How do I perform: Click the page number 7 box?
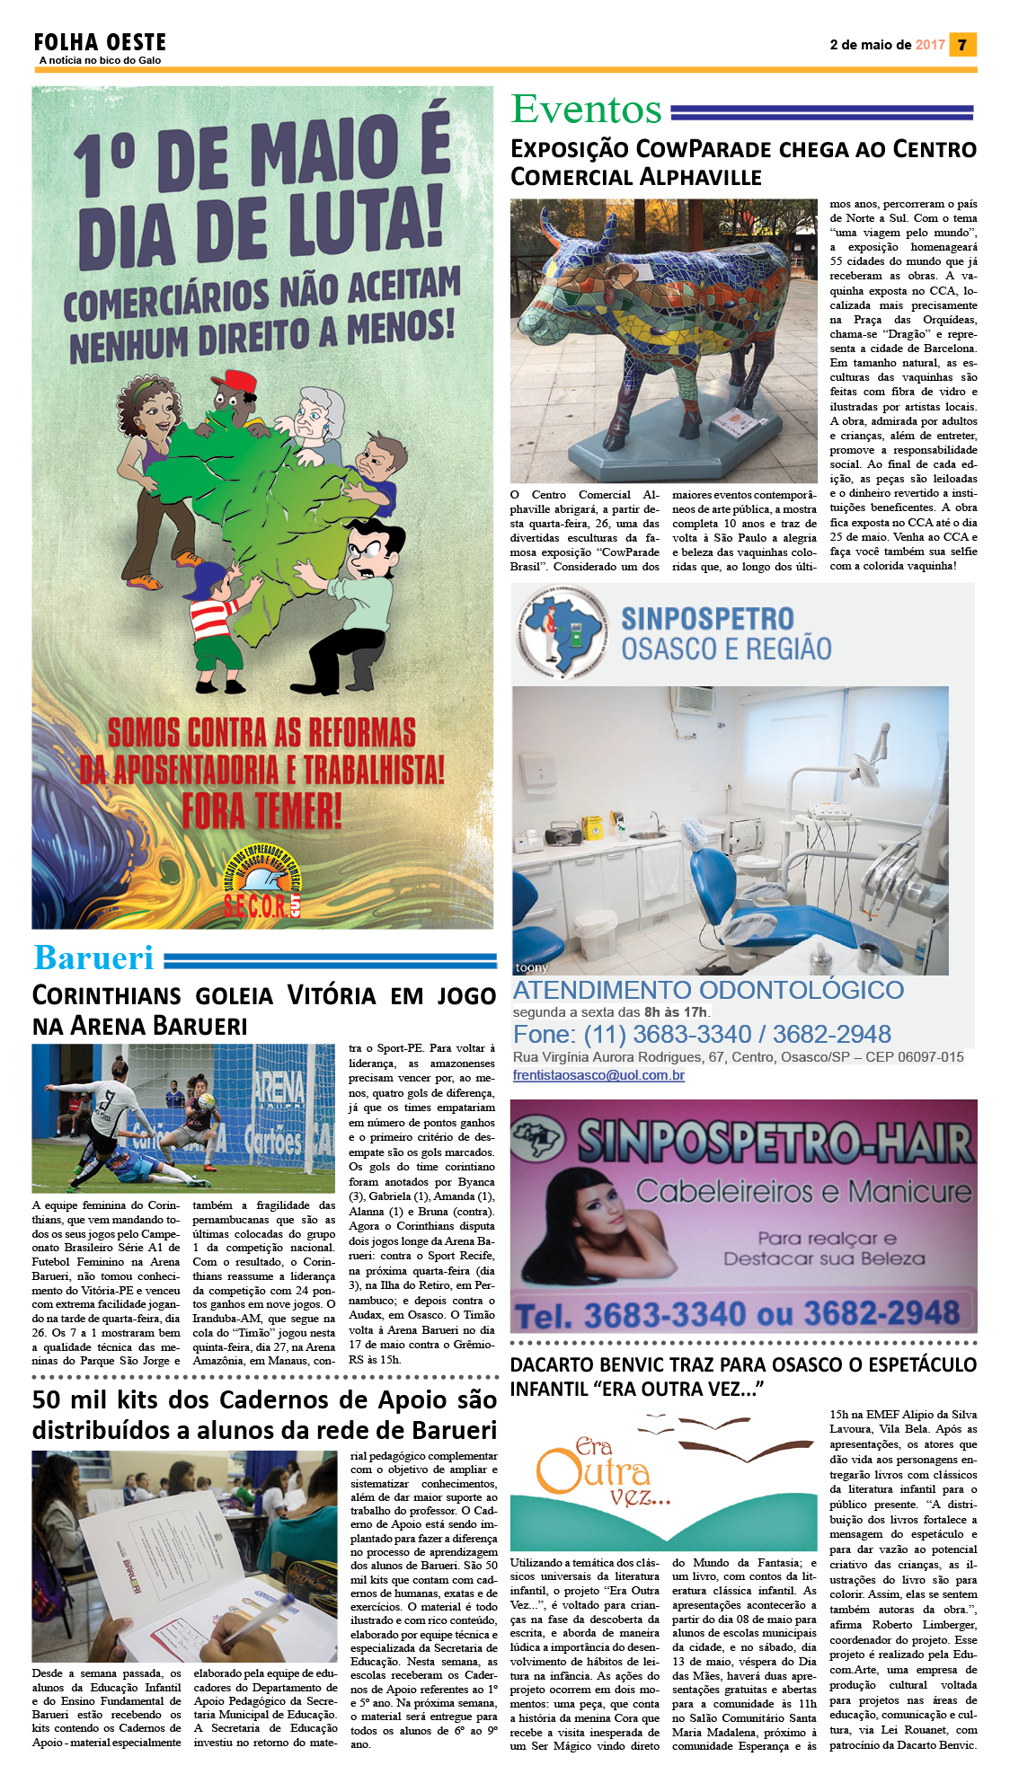(x=962, y=45)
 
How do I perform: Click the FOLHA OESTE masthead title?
(x=100, y=42)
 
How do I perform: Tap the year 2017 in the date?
(x=930, y=45)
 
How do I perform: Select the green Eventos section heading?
(x=586, y=110)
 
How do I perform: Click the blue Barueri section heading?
(x=93, y=958)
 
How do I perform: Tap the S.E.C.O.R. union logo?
(x=261, y=885)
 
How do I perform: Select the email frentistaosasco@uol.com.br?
(x=598, y=1075)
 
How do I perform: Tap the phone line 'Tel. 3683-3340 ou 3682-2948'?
(x=737, y=1315)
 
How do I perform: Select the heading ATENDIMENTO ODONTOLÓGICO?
(x=708, y=990)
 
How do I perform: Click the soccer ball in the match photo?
(x=208, y=1099)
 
